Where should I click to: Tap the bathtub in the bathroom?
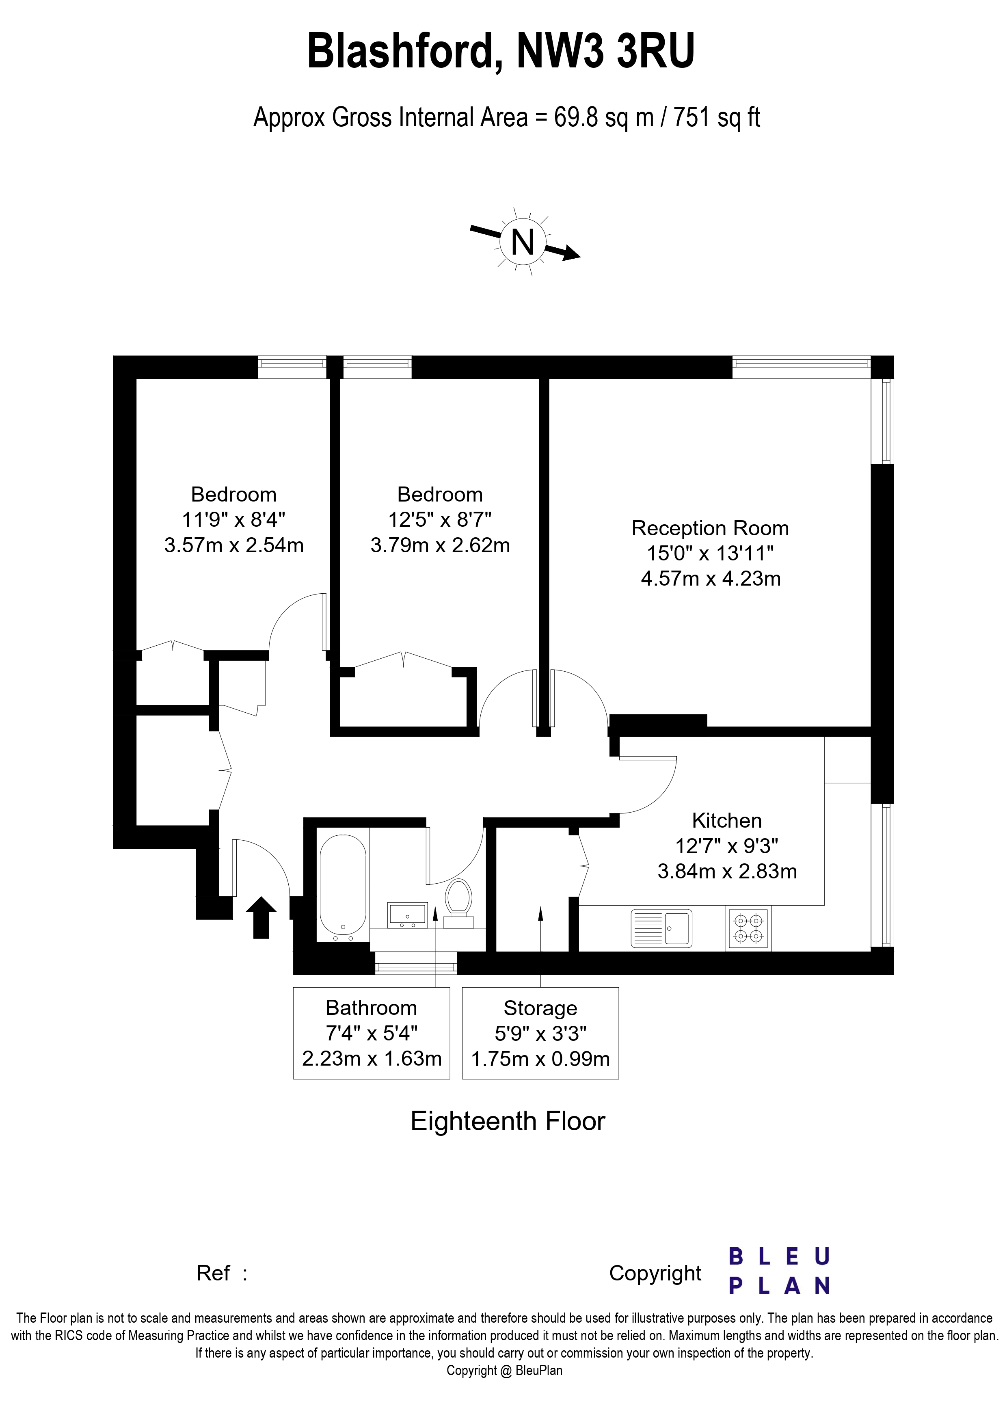click(x=343, y=887)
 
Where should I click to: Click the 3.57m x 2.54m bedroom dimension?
click(x=234, y=545)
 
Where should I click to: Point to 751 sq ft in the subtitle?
click(x=717, y=117)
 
